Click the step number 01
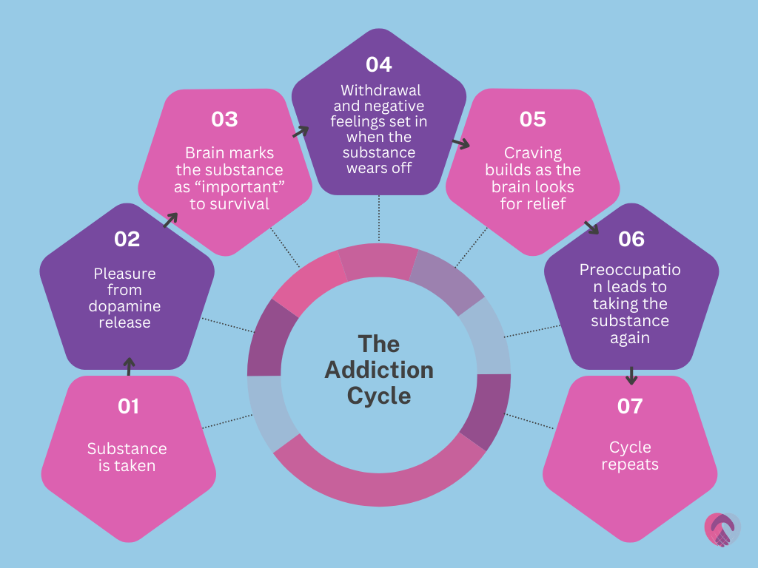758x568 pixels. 128,406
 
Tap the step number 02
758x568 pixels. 127,239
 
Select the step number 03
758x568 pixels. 224,119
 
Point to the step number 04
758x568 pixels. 378,64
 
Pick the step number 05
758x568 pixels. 532,119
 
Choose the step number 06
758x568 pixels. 631,239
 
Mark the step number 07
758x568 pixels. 630,406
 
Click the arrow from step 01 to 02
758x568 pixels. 129,365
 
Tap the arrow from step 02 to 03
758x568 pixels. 170,219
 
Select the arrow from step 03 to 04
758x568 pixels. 300,132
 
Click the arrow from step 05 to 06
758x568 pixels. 591,227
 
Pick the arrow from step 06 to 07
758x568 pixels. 631,375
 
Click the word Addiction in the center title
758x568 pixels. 379,369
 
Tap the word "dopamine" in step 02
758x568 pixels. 127,306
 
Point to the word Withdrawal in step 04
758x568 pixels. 380,90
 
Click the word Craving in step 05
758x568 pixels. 533,153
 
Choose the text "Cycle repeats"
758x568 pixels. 630,456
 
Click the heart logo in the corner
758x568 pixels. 722,529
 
